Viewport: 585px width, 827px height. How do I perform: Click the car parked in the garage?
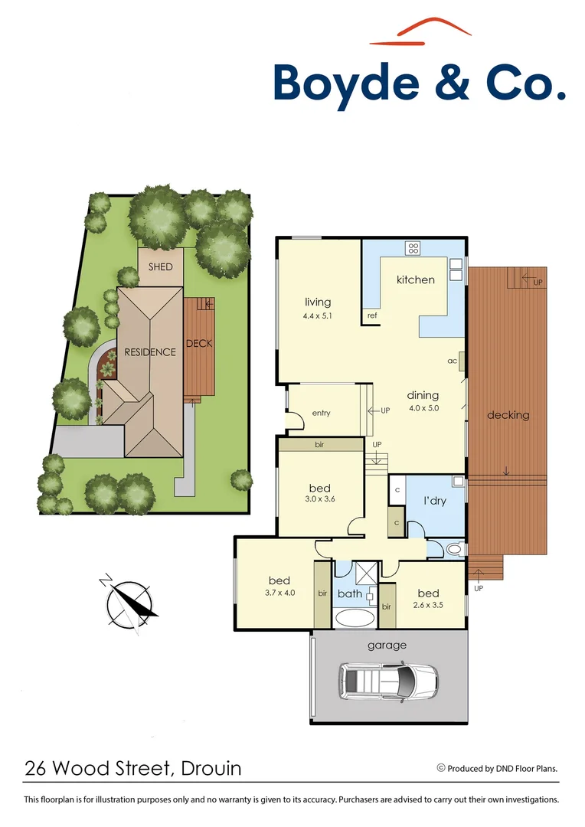pos(388,680)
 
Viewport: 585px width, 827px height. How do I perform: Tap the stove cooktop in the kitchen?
pos(413,248)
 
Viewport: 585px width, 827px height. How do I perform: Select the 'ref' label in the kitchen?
pos(372,315)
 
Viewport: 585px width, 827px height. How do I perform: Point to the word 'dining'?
pos(423,395)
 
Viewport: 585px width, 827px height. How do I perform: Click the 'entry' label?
pos(321,413)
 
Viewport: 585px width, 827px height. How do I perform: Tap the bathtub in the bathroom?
pos(354,618)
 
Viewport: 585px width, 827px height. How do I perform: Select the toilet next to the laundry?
pos(453,549)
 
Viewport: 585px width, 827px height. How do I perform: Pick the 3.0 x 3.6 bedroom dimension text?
pos(319,502)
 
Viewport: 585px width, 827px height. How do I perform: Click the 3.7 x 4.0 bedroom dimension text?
pos(279,593)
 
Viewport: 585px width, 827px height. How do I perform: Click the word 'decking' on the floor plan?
pos(508,415)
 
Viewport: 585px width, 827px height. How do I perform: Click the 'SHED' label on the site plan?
pos(161,267)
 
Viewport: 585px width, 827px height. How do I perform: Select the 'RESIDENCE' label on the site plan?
pos(150,352)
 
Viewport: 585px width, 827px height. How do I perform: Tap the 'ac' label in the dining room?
pos(453,360)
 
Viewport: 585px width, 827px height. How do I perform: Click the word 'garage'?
pos(387,646)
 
